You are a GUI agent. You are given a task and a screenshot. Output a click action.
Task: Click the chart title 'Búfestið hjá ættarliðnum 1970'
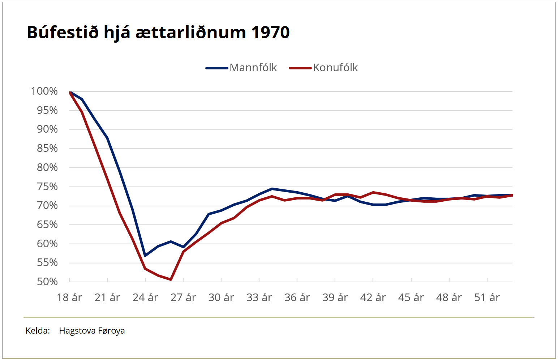click(x=158, y=33)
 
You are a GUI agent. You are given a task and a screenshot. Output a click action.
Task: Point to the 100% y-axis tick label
click(x=44, y=91)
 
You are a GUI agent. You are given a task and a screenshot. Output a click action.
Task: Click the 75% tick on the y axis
click(x=47, y=187)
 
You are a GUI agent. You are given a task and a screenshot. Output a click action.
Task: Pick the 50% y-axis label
click(x=47, y=282)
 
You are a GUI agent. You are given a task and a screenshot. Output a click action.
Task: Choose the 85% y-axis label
click(x=47, y=148)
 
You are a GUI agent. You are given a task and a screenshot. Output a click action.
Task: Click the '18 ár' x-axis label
click(x=69, y=297)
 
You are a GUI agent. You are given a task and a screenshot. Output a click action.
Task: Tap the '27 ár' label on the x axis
click(x=183, y=297)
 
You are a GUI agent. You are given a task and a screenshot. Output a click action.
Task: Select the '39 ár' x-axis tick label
click(x=335, y=297)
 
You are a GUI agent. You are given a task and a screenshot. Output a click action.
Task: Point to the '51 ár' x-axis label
click(x=487, y=297)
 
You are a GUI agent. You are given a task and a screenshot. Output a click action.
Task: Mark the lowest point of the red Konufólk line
click(x=171, y=279)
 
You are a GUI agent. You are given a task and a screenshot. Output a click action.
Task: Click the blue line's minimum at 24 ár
click(x=145, y=256)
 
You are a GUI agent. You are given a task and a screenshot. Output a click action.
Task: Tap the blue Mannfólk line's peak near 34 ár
click(x=272, y=189)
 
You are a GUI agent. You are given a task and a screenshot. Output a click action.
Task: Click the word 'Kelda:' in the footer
click(x=38, y=331)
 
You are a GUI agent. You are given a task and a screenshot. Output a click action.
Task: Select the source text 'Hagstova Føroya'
click(x=92, y=331)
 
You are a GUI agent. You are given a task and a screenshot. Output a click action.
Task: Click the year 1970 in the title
click(x=270, y=33)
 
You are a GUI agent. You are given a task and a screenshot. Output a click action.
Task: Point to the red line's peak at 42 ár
click(x=373, y=192)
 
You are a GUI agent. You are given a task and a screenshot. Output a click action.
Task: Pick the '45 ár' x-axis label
click(x=411, y=297)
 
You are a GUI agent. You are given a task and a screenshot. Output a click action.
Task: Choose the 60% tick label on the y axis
click(x=47, y=244)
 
